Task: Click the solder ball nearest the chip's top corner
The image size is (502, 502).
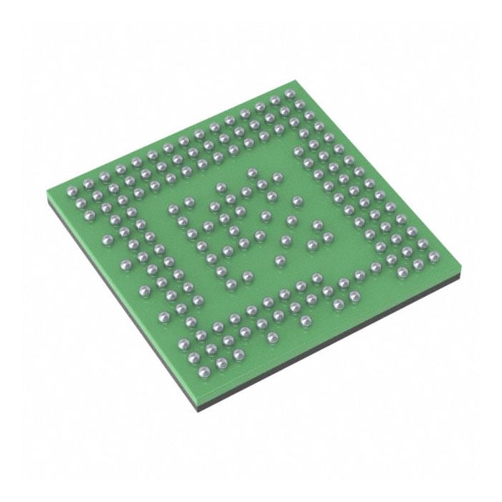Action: tap(289, 94)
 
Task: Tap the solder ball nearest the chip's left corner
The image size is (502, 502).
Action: tap(72, 191)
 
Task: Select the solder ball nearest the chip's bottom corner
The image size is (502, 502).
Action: tap(204, 371)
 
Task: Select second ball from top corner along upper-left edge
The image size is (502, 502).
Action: tap(275, 98)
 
